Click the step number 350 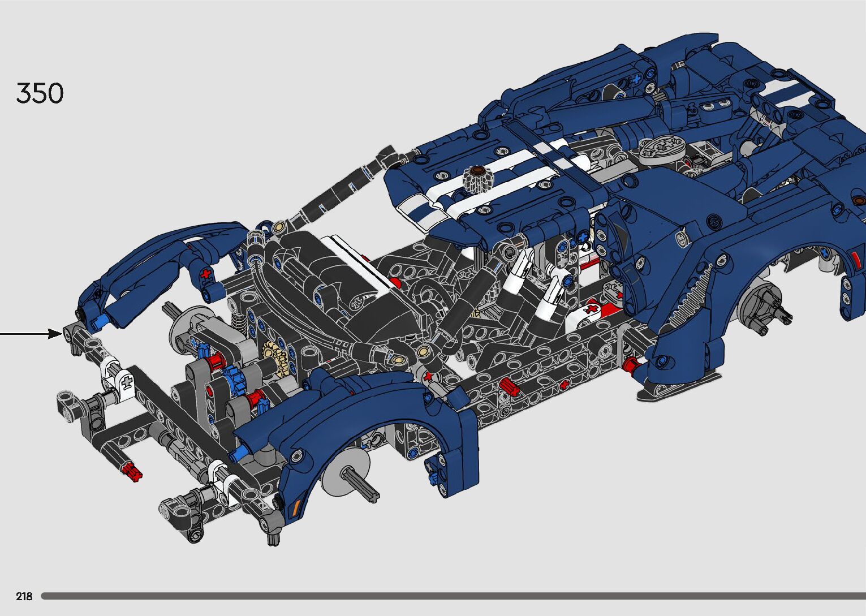pos(40,93)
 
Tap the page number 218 pos(24,596)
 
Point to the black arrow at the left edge pos(31,333)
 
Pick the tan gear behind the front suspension pos(275,357)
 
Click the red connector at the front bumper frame pos(132,472)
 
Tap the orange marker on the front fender pos(297,505)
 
